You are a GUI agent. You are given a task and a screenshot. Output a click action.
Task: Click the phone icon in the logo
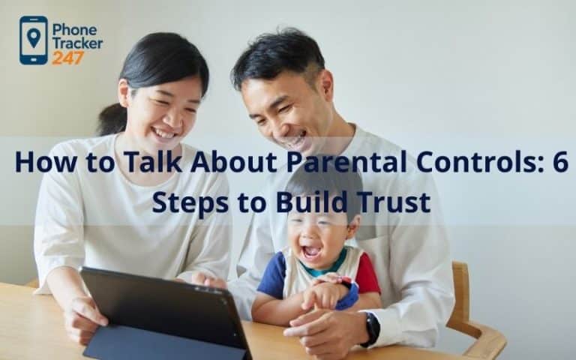tap(33, 40)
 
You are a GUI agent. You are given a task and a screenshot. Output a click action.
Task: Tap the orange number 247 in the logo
tap(67, 58)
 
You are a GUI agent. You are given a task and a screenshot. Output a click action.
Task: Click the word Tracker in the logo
tap(77, 43)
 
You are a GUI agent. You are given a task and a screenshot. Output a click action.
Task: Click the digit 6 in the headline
tap(560, 162)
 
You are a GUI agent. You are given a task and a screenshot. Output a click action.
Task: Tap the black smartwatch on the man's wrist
tap(371, 328)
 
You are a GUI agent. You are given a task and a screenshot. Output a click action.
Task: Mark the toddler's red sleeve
tap(367, 274)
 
